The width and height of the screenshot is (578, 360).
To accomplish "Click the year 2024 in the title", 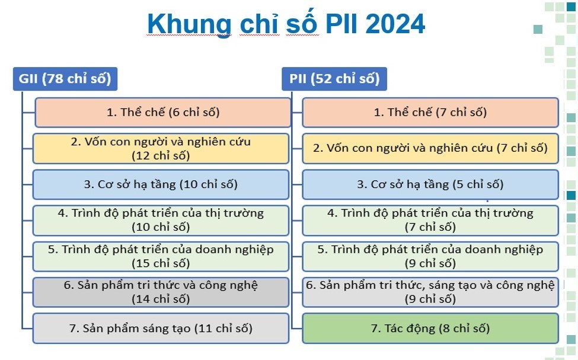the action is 395,24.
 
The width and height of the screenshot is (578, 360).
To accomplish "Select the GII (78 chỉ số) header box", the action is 65,79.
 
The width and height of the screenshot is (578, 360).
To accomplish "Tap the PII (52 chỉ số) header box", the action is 334,79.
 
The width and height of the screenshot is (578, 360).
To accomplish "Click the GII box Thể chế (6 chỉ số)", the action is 163,113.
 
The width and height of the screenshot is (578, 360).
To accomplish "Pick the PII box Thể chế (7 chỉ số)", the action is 430,113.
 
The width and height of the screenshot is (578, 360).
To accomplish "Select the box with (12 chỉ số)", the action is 161,149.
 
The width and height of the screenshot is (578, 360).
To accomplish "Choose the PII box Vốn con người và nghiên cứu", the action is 430,149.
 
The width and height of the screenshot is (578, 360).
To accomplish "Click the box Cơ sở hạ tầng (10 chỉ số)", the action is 161,184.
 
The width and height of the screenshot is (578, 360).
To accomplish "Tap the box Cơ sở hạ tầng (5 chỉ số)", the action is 430,184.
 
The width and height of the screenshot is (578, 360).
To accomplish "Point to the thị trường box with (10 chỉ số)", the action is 161,221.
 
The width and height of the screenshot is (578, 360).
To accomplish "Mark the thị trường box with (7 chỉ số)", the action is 430,221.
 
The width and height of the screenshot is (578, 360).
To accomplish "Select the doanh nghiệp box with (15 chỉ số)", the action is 161,256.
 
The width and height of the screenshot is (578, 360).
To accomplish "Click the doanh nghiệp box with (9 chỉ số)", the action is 430,256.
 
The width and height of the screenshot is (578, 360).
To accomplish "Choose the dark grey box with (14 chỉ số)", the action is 161,292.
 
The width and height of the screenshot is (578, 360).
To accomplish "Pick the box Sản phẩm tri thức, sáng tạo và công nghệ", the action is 430,292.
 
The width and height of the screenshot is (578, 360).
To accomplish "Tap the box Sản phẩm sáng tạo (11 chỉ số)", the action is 161,329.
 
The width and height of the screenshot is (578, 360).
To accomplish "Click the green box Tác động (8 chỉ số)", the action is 430,329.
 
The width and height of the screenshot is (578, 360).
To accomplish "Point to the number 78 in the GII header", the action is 54,79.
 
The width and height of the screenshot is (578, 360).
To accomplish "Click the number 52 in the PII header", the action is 323,79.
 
